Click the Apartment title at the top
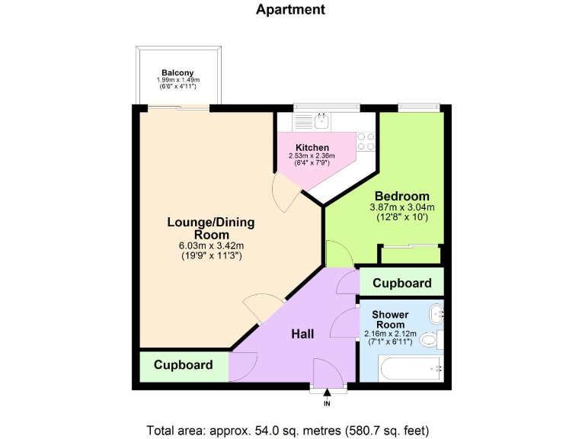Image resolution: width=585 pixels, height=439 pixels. [290, 10]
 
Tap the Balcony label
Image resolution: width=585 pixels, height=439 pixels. [177, 73]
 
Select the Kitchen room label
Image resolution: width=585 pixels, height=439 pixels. [312, 147]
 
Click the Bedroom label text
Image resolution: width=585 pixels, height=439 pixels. [402, 196]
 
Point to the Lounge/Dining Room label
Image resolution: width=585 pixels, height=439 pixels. [210, 229]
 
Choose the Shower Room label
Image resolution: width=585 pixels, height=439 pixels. [390, 320]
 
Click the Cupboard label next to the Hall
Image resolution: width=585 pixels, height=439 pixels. [184, 365]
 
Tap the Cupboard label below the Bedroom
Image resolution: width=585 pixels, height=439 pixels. [401, 284]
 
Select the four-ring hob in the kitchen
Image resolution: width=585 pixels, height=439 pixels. [366, 141]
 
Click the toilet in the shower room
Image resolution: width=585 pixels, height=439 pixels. [431, 339]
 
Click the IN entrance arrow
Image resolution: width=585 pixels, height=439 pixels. [328, 395]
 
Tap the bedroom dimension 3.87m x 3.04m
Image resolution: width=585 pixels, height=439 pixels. [402, 207]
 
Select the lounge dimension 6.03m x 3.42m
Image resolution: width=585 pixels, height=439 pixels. [210, 246]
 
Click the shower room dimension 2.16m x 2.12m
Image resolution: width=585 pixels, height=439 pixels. [391, 334]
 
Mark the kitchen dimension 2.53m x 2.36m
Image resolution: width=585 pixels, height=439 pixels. [312, 156]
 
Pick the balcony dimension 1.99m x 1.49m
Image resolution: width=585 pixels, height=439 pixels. [177, 80]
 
